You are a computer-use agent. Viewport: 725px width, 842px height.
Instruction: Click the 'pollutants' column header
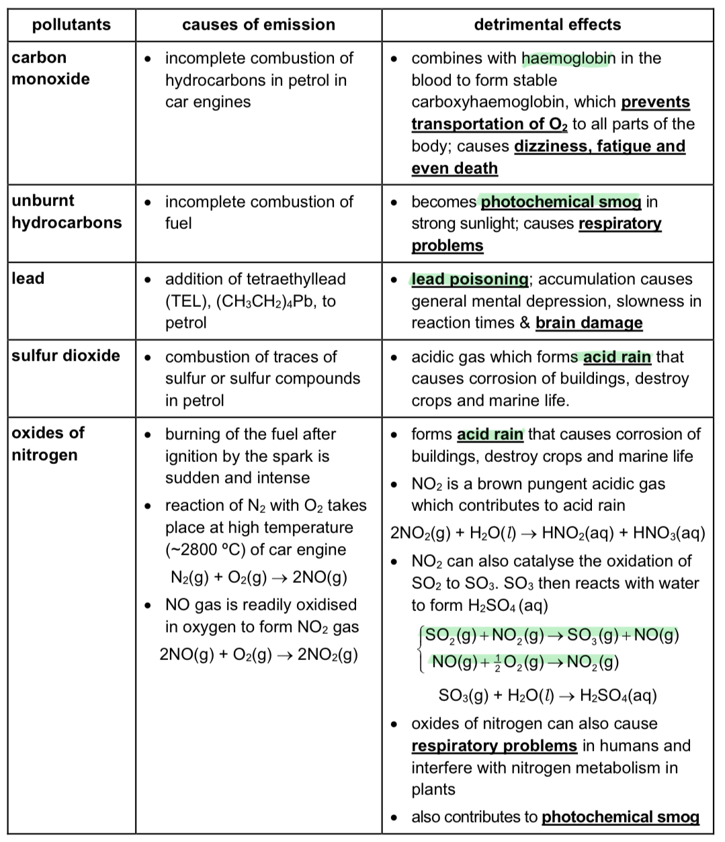71,25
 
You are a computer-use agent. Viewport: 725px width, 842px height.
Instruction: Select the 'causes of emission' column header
259,25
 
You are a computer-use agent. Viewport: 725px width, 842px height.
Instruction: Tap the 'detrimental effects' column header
547,25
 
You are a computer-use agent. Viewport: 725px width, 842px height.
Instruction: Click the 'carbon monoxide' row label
50,68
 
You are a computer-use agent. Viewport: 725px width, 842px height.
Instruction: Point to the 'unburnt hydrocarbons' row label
67,212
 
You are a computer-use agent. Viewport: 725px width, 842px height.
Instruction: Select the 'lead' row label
28,278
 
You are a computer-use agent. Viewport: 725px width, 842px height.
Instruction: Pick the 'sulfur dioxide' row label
66,355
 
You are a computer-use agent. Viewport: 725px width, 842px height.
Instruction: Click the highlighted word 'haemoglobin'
568,58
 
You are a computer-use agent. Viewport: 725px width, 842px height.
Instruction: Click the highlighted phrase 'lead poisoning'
470,279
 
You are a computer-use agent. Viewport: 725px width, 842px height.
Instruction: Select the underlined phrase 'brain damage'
589,323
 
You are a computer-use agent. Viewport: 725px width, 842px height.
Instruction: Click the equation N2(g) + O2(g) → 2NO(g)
259,577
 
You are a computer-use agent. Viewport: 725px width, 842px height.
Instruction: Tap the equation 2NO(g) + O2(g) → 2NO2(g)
259,654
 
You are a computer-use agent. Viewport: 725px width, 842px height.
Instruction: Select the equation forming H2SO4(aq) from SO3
547,695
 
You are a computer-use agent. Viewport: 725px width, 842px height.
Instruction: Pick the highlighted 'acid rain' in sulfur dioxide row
617,357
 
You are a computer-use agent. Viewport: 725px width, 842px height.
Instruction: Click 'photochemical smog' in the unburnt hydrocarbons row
560,201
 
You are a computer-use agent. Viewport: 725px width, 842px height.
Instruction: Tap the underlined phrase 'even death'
454,168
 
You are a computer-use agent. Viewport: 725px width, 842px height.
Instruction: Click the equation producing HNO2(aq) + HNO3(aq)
547,533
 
